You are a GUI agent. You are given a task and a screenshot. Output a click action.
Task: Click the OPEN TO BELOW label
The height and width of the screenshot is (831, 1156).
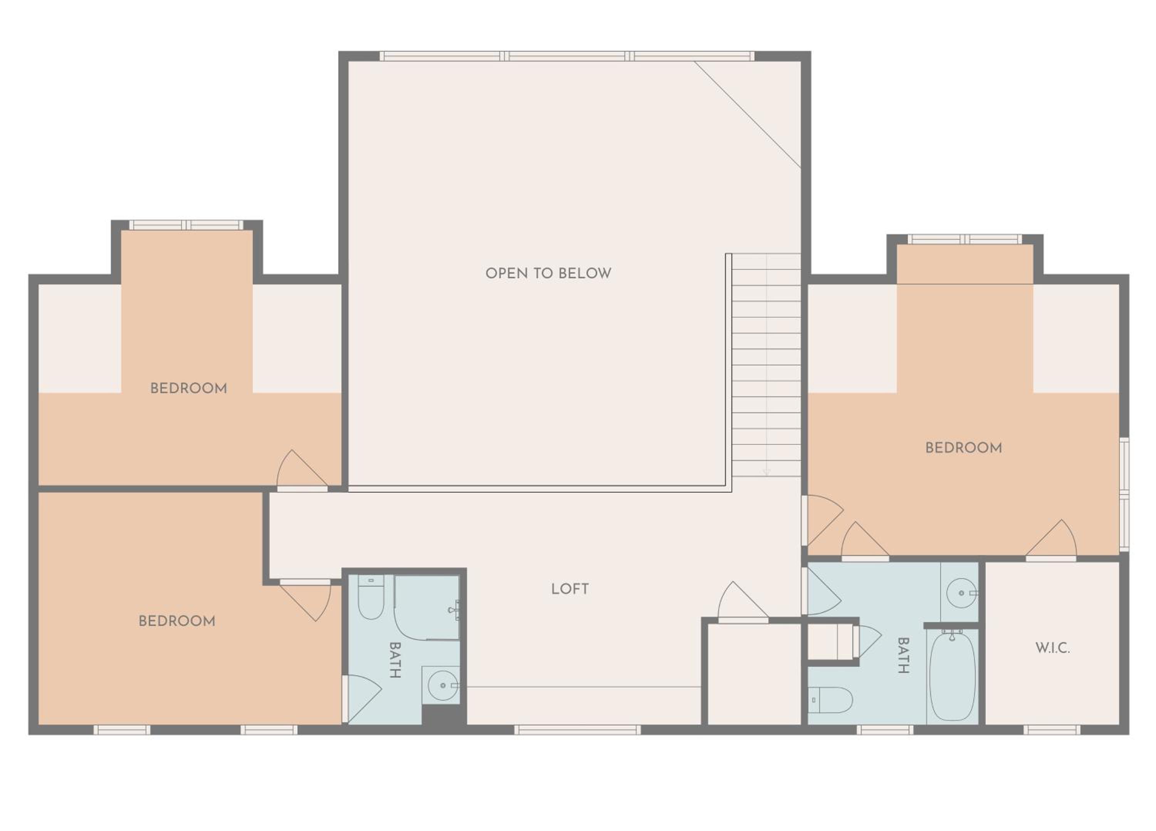pos(548,273)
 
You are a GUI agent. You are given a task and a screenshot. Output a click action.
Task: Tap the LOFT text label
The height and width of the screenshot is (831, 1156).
pos(570,589)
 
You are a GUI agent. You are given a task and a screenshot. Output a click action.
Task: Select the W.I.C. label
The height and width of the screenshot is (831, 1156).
pos(1052,648)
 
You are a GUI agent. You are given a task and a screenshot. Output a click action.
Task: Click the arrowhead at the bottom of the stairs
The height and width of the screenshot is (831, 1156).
pos(766,473)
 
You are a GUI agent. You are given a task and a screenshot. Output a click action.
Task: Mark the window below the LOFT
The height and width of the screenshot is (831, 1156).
pos(577,730)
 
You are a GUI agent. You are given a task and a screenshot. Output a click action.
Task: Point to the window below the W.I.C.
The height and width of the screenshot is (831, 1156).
pos(1052,730)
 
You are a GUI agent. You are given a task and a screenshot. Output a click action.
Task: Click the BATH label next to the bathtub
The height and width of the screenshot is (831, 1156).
pos(903,656)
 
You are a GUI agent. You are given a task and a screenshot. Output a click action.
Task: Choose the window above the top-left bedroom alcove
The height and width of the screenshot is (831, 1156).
pos(187,225)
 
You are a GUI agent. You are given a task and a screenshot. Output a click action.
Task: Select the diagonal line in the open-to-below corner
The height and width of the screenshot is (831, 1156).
pos(748,114)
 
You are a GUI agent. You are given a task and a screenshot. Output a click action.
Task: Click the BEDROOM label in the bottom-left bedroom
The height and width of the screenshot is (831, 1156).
pos(177,621)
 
